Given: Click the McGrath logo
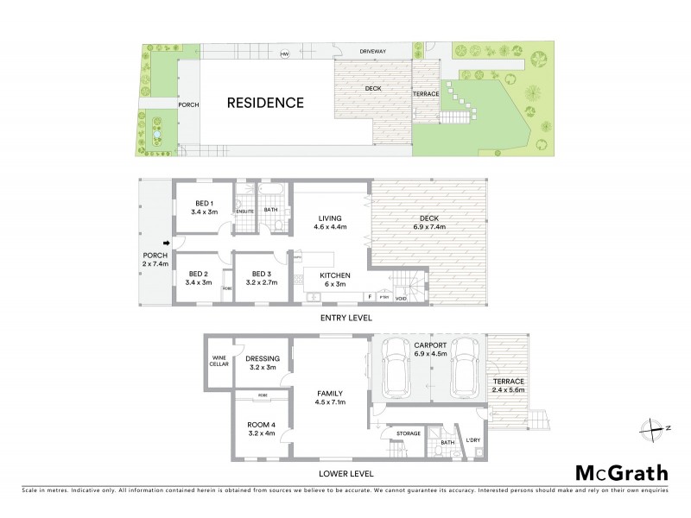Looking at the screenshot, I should [622, 472].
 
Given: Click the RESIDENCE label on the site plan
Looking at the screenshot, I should [265, 103].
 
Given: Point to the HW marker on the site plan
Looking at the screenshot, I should [283, 54].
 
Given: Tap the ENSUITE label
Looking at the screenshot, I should [245, 211].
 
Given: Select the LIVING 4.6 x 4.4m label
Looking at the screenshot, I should [329, 223].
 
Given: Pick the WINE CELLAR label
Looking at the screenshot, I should [218, 361].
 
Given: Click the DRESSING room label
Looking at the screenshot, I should [261, 363].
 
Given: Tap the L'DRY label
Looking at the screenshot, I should [472, 441].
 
